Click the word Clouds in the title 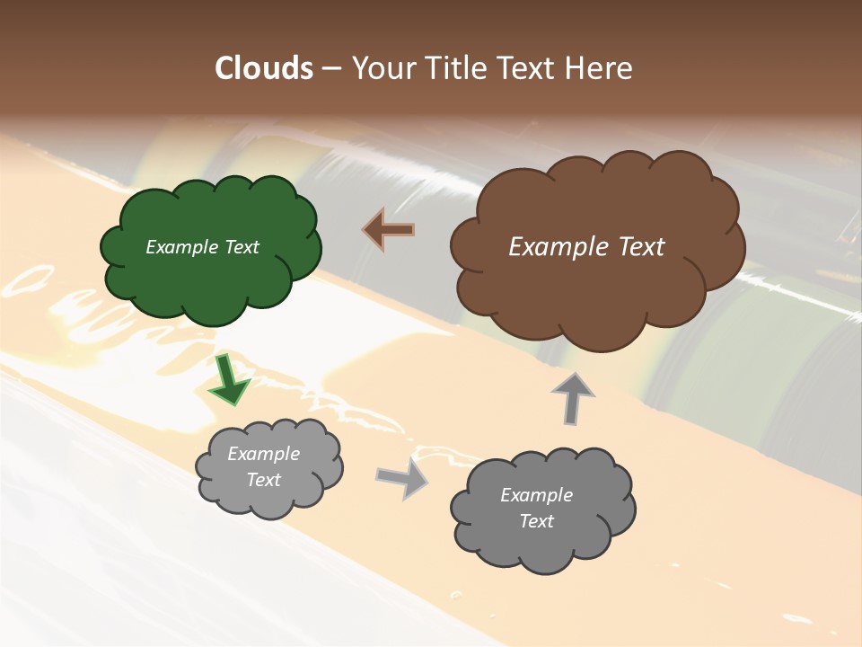click(x=263, y=68)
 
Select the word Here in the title click(x=599, y=68)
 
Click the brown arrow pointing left click(x=390, y=230)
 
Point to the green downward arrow click(x=229, y=380)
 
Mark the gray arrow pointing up click(x=572, y=398)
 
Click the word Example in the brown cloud click(x=559, y=247)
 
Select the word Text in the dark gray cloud click(x=536, y=521)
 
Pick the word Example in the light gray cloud click(x=263, y=454)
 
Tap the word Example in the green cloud click(x=182, y=247)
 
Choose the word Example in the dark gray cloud click(x=536, y=495)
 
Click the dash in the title click(x=330, y=69)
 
